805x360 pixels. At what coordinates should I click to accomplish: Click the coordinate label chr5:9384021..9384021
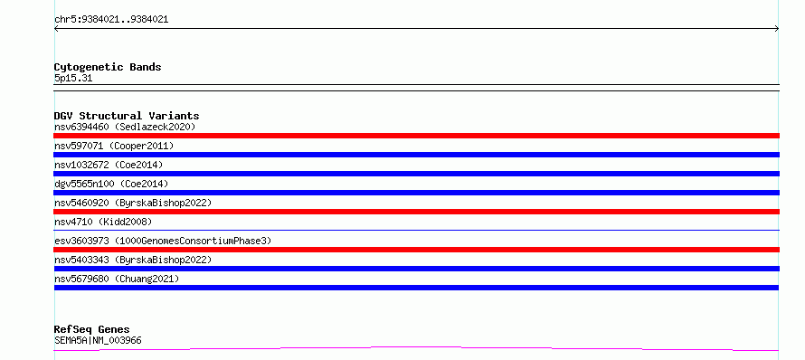click(x=111, y=20)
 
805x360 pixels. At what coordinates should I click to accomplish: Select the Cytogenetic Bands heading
click(x=108, y=67)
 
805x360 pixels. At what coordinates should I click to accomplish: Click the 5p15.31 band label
click(x=73, y=79)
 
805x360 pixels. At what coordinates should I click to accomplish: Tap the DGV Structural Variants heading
click(x=127, y=116)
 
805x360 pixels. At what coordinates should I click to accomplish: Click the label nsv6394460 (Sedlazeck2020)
click(x=125, y=127)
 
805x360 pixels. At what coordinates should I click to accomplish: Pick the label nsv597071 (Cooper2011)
click(x=114, y=146)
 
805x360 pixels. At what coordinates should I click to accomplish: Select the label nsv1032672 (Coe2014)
click(x=109, y=165)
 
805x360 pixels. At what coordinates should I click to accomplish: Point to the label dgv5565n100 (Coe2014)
click(x=111, y=184)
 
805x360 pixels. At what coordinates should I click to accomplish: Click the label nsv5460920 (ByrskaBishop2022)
click(x=133, y=203)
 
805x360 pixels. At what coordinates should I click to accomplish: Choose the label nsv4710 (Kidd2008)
click(x=103, y=222)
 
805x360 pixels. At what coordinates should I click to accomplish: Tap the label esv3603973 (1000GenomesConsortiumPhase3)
click(x=163, y=241)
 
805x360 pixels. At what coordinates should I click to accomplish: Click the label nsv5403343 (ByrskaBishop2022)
click(x=133, y=260)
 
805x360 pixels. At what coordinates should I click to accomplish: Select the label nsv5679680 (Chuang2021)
click(x=117, y=279)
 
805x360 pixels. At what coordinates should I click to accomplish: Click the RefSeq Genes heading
click(x=92, y=329)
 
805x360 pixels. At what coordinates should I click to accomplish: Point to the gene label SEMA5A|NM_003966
click(x=98, y=340)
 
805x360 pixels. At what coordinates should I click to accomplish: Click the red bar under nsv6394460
click(x=416, y=136)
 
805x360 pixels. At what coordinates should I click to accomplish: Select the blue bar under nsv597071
click(x=416, y=155)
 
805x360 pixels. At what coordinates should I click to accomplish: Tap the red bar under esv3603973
click(x=416, y=250)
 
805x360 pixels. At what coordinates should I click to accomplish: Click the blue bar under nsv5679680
click(x=416, y=288)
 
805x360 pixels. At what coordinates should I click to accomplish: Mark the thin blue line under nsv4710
click(x=416, y=230)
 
